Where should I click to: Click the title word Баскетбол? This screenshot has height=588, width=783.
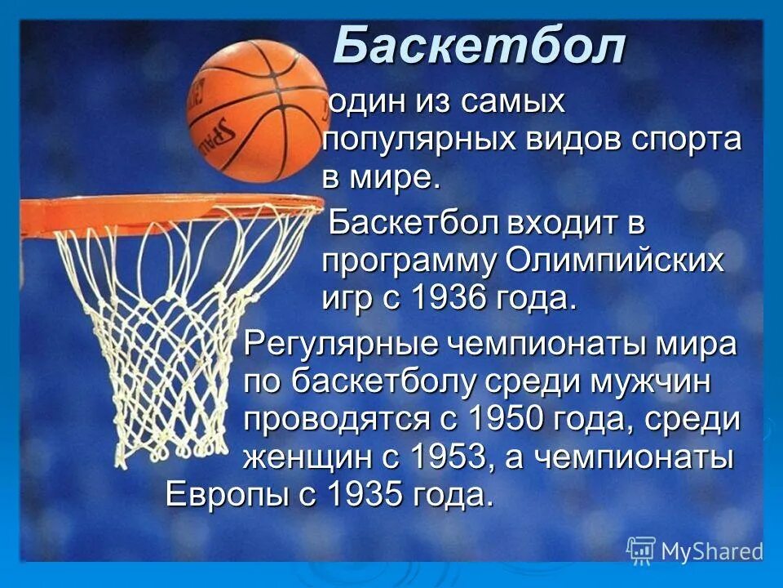[x=479, y=47]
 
